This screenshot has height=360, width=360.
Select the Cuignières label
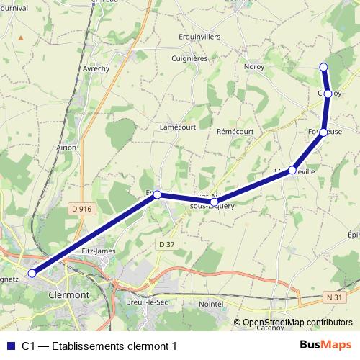pos(190,59)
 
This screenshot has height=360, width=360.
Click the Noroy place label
pos(254,66)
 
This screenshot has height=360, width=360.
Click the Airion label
pos(66,147)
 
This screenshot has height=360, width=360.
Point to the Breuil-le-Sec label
pos(146,302)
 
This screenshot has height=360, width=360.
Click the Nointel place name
pos(211,305)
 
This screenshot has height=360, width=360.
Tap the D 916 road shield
pos(83,209)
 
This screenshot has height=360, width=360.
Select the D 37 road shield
pos(166,244)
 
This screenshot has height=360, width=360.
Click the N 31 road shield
pos(333,297)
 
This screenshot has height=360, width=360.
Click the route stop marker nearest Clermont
pos(32,274)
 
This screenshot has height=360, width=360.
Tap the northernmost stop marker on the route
pos(323,67)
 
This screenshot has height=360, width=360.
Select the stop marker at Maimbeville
pos(292,171)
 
